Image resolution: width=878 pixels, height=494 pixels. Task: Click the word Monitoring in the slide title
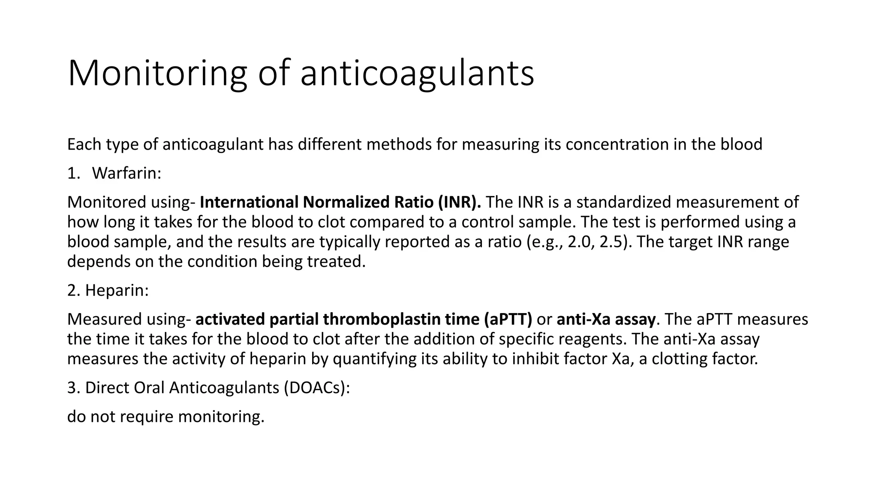(157, 74)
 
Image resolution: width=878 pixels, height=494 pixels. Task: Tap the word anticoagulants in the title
(417, 74)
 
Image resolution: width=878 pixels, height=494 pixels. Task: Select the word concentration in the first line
(617, 145)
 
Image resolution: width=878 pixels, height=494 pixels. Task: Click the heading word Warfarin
(126, 173)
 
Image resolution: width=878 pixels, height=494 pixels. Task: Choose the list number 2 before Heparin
(73, 291)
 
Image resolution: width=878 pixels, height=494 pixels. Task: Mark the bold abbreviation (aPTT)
(508, 319)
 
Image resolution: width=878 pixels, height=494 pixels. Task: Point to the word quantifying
(373, 359)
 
